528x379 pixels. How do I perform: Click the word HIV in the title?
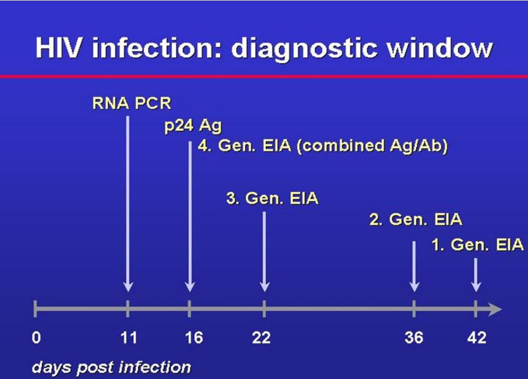click(x=59, y=48)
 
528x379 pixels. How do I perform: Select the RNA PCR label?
click(x=131, y=103)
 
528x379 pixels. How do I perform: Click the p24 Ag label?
click(x=193, y=126)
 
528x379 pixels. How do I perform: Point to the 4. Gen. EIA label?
click(x=244, y=146)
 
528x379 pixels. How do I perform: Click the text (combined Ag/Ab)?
click(x=373, y=146)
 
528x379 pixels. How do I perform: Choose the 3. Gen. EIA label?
click(x=272, y=198)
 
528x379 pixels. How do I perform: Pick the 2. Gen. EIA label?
click(x=416, y=220)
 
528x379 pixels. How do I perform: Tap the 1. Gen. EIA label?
click(x=478, y=245)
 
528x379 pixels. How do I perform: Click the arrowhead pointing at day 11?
click(x=128, y=287)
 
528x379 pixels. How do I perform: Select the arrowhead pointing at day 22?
click(x=265, y=287)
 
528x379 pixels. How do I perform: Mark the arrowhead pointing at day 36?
click(x=414, y=287)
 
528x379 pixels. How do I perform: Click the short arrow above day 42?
click(x=475, y=275)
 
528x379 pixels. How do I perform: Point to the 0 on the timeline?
click(x=36, y=338)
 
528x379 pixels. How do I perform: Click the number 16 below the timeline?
click(x=194, y=338)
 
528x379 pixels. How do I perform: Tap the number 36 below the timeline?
click(x=414, y=338)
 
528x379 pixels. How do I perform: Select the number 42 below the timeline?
click(x=477, y=338)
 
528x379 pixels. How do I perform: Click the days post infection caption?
click(x=111, y=367)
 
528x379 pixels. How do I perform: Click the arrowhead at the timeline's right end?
click(x=495, y=309)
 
